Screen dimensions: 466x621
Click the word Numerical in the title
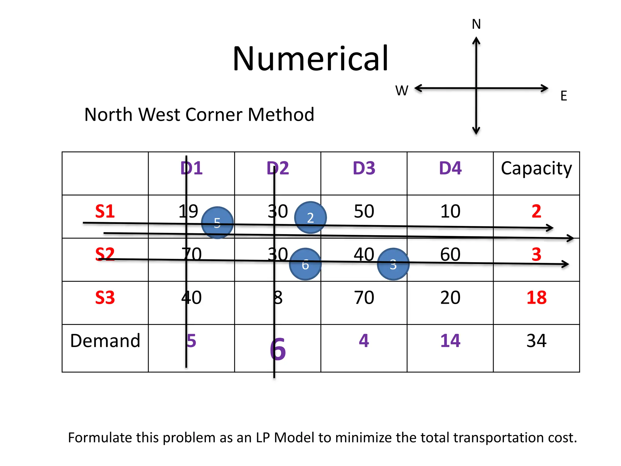pyautogui.click(x=310, y=58)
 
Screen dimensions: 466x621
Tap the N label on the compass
pyautogui.click(x=476, y=24)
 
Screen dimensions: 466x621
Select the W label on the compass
pyautogui.click(x=402, y=90)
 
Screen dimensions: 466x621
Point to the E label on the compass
pyautogui.click(x=564, y=96)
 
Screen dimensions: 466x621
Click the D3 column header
pyautogui.click(x=364, y=168)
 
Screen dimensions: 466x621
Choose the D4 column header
pyautogui.click(x=450, y=168)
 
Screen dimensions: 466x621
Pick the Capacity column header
pyautogui.click(x=536, y=169)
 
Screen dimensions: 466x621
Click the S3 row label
pyautogui.click(x=105, y=298)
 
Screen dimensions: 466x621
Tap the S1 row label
pyautogui.click(x=105, y=211)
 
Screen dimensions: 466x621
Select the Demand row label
pyautogui.click(x=105, y=341)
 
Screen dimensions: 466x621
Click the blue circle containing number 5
pyautogui.click(x=217, y=223)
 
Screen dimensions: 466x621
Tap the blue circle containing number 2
pyautogui.click(x=310, y=218)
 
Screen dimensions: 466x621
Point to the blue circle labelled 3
pyautogui.click(x=393, y=264)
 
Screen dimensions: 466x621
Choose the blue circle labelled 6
pyautogui.click(x=305, y=264)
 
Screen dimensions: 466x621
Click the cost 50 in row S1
pyautogui.click(x=364, y=211)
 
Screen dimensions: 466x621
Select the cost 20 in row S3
pyautogui.click(x=450, y=298)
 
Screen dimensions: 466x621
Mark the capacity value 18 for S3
pyautogui.click(x=536, y=298)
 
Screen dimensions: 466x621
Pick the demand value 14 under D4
pyautogui.click(x=450, y=341)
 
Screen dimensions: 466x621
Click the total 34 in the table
pyautogui.click(x=536, y=341)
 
